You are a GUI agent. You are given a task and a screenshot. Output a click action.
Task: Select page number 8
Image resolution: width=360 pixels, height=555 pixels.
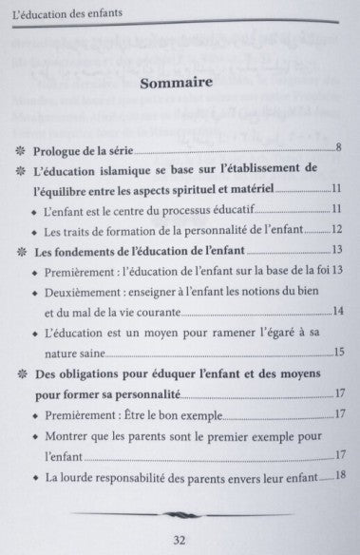337,149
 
